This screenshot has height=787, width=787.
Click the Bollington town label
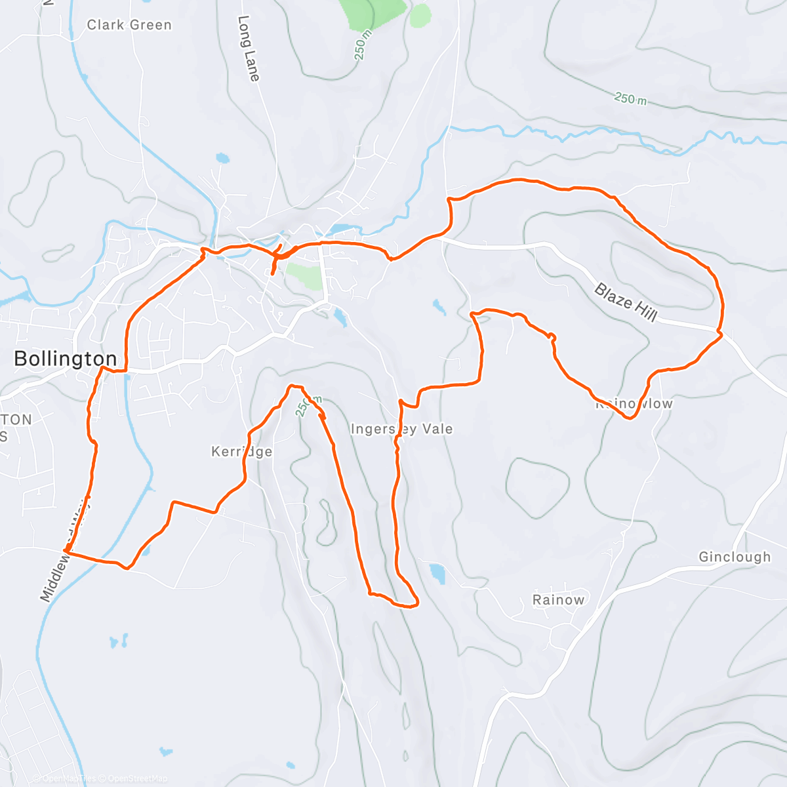(65, 359)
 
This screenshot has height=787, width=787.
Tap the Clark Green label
(129, 25)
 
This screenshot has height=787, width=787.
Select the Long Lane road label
(249, 49)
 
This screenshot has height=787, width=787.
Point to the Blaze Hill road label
(626, 302)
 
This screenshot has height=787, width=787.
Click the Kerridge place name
(241, 451)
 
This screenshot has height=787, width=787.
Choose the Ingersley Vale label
(401, 429)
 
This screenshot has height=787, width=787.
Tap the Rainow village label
(558, 599)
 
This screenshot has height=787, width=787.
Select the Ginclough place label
(735, 557)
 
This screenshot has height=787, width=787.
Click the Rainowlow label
(634, 403)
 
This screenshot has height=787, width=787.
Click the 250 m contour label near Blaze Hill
(630, 99)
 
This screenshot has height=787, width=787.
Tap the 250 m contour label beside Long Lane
(363, 45)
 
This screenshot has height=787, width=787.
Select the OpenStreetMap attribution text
(138, 778)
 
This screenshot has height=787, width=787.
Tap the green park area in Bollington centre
(304, 275)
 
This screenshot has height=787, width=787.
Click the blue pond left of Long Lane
(223, 158)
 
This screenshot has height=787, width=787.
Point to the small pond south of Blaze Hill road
(437, 306)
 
